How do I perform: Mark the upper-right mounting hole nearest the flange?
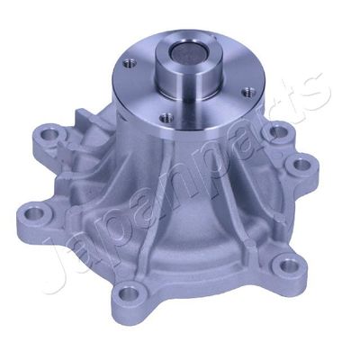coord(280,132)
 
